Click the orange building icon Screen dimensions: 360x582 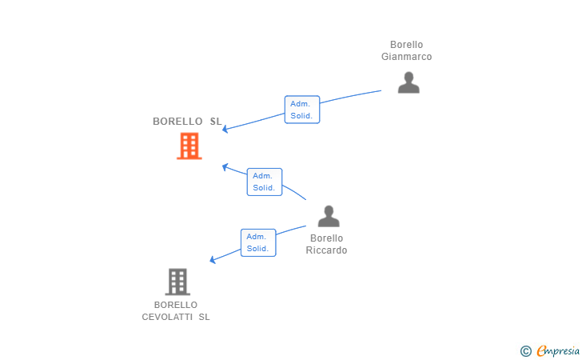[x=189, y=146]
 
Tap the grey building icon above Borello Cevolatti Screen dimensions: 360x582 [x=177, y=282]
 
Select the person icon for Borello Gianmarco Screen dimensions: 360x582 [x=409, y=82]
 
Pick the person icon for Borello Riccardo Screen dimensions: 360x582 [x=329, y=216]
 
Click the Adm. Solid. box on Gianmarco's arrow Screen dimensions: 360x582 [x=302, y=110]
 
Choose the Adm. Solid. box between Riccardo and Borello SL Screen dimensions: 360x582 [x=264, y=182]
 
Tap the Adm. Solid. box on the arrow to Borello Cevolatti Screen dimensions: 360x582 [x=257, y=242]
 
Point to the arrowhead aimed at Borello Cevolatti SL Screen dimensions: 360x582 [x=213, y=260]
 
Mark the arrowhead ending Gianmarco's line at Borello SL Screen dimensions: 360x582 [x=225, y=129]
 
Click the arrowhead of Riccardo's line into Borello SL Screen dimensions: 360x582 [x=225, y=167]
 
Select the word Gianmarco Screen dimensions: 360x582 [x=406, y=57]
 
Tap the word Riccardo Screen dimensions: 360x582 [x=326, y=250]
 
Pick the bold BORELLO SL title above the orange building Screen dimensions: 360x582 [x=187, y=122]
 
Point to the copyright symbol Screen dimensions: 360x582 [x=525, y=350]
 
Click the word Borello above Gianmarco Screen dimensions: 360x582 [x=406, y=45]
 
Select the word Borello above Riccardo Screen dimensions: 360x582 [x=326, y=238]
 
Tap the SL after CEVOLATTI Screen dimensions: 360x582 [x=204, y=317]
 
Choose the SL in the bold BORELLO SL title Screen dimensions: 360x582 [x=215, y=122]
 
